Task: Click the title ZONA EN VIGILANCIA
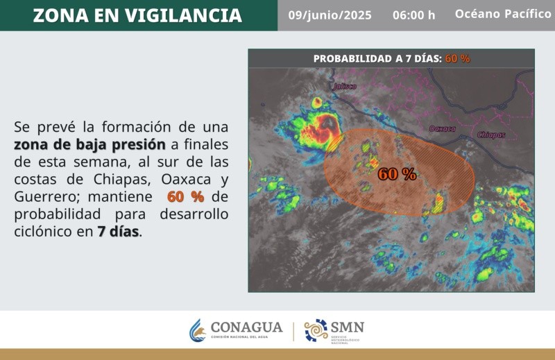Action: coord(137,15)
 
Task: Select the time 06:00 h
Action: coord(413,15)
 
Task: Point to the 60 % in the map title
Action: coord(457,59)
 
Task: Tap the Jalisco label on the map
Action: coord(344,87)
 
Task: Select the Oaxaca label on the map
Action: coord(443,128)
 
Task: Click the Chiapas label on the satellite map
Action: coord(491,135)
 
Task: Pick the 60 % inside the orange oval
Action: coord(397,174)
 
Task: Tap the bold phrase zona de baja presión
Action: coord(90,145)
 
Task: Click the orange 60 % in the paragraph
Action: coord(185,197)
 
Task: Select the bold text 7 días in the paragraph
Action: coord(118,232)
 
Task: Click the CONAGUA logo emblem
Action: coord(198,330)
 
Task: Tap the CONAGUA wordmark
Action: coord(246,327)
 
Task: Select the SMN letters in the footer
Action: coord(348,327)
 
